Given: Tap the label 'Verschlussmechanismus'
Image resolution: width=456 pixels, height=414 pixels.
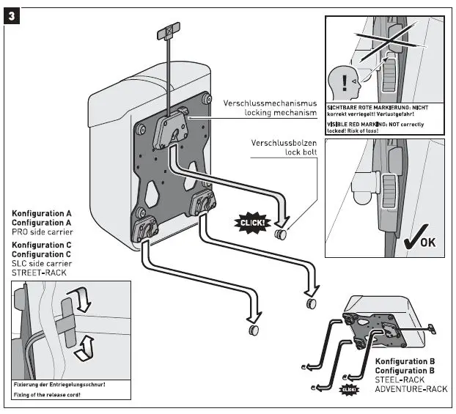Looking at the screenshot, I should click(270, 103).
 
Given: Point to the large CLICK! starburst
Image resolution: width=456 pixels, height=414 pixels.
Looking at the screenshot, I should click(251, 222).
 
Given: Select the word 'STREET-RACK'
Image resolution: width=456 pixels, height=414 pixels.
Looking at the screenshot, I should click(38, 273).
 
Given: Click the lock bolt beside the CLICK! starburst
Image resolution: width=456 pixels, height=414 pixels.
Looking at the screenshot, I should click(281, 234).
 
